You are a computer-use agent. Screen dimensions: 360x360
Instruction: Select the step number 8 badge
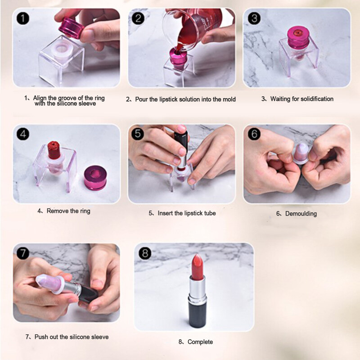[x=144, y=253]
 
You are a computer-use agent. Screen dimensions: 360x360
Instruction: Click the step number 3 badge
[x=254, y=18]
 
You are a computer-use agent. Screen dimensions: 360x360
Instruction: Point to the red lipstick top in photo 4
[x=54, y=148]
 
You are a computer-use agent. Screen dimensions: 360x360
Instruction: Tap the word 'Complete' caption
[x=200, y=342]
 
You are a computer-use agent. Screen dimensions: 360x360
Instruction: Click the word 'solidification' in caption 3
[x=314, y=99]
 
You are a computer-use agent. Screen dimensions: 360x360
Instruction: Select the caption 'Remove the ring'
[x=68, y=211]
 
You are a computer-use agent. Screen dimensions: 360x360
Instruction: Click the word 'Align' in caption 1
[x=41, y=97]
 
